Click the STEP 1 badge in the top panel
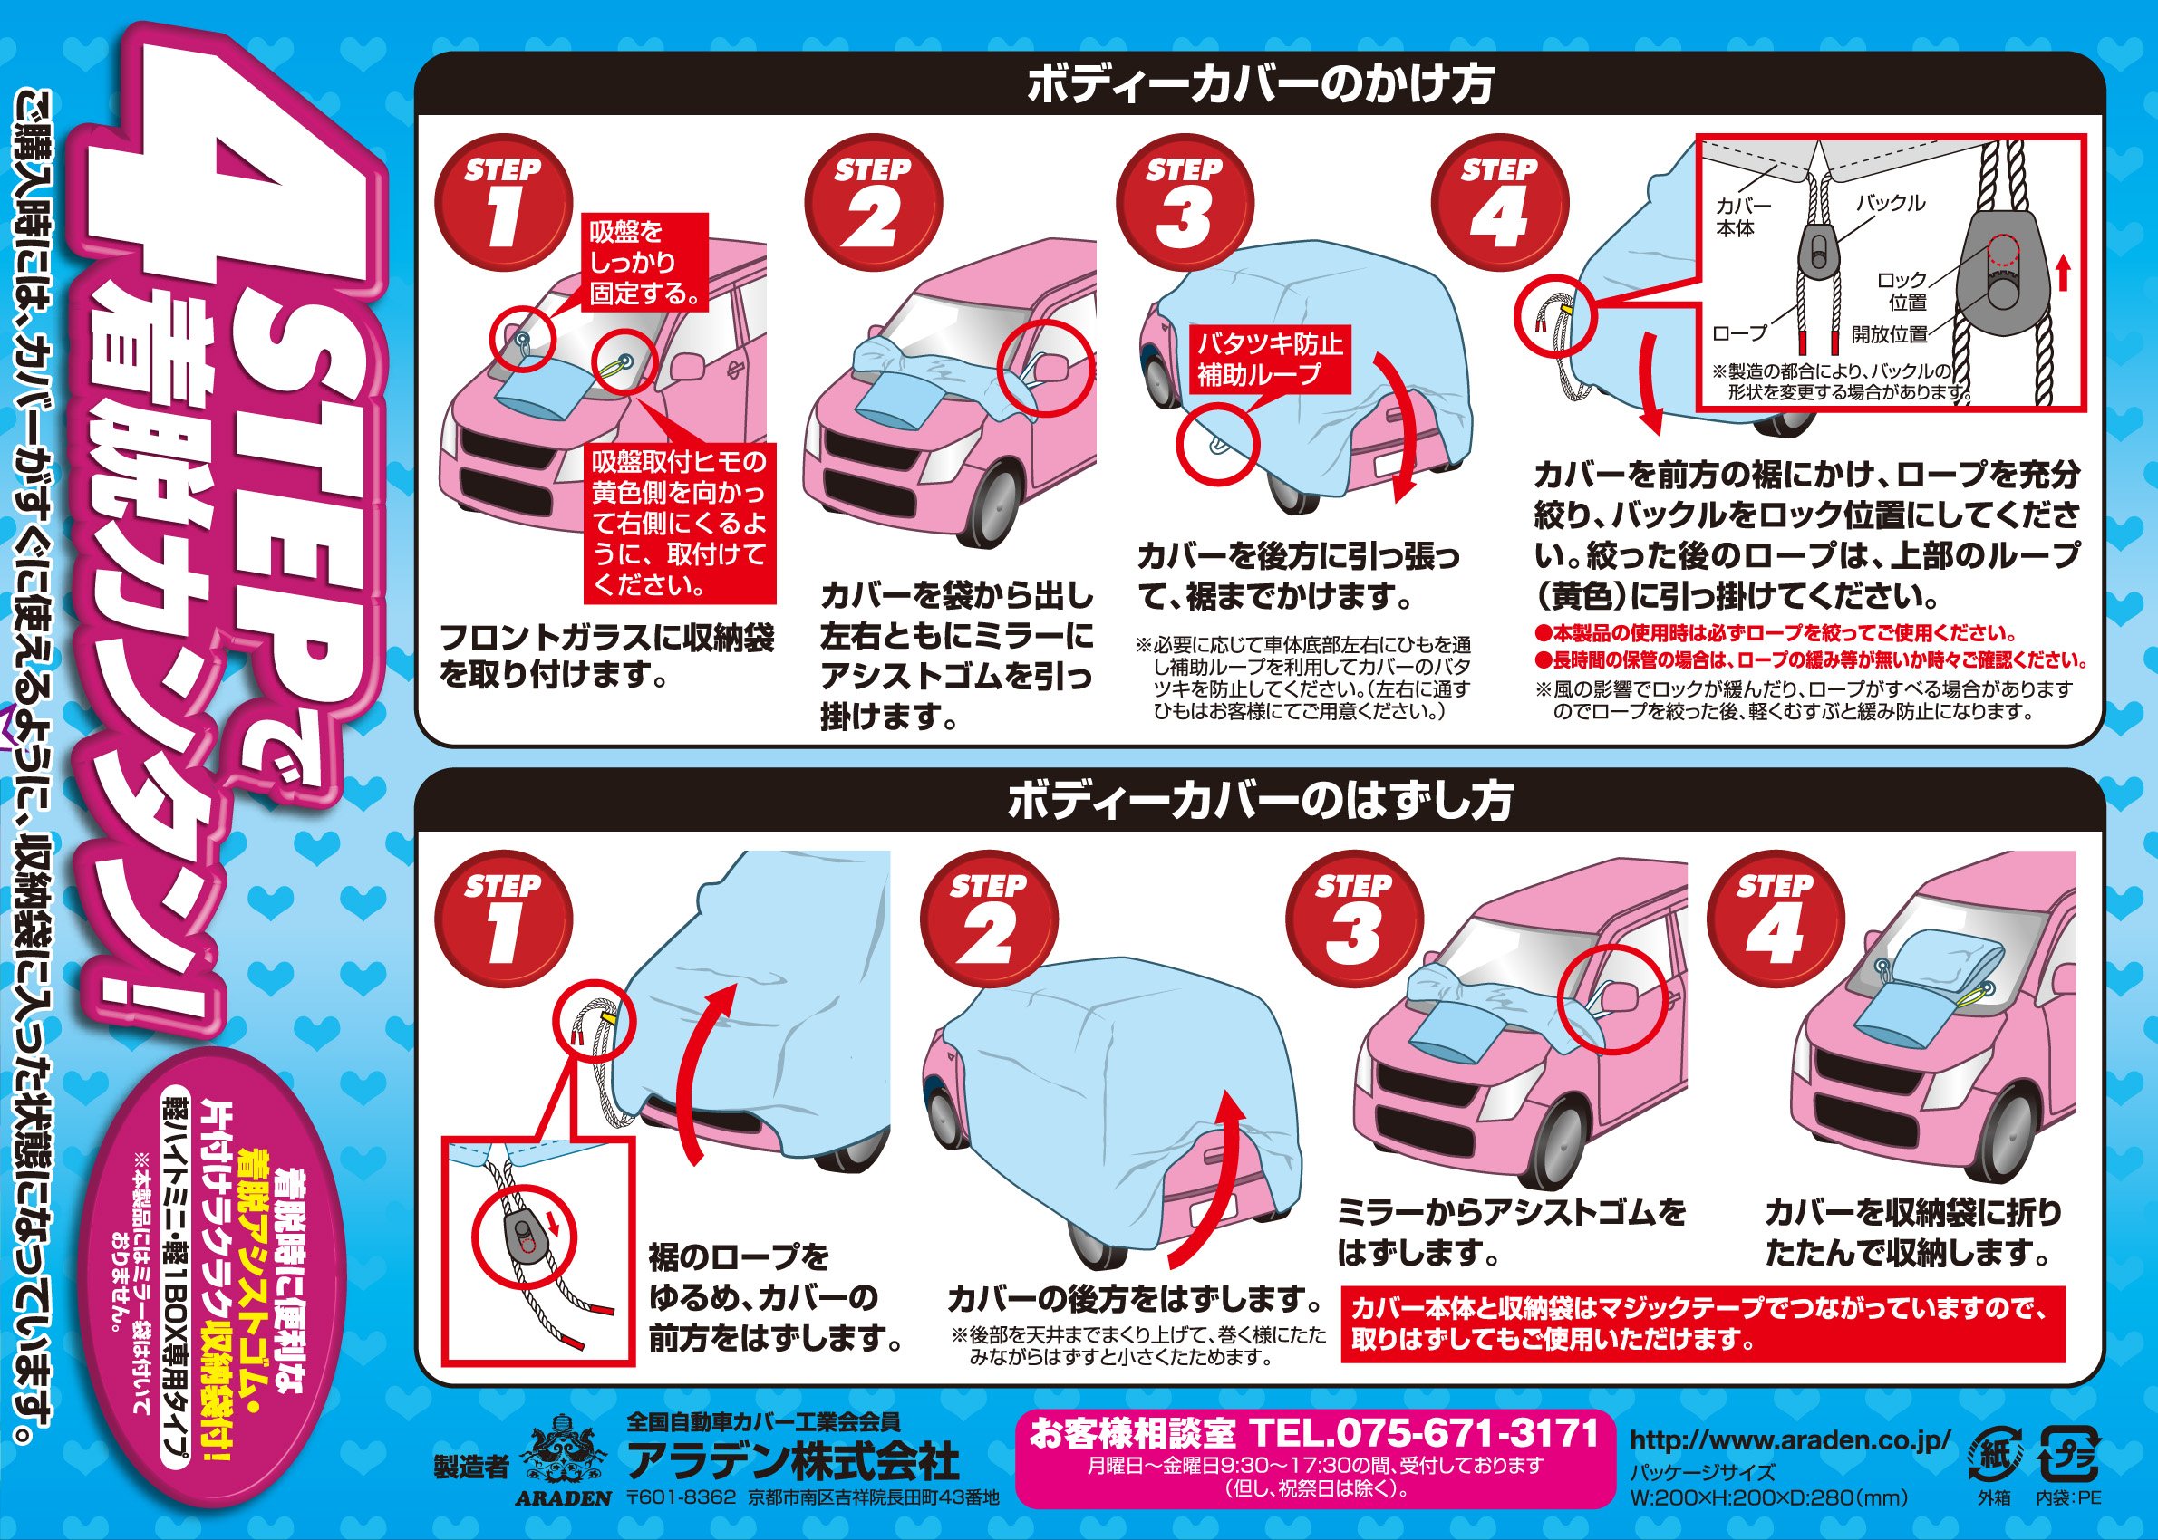tap(504, 206)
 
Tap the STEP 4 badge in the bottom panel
tap(1776, 920)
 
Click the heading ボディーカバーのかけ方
tap(1261, 84)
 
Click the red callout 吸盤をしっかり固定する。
tap(646, 263)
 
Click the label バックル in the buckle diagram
tap(1891, 203)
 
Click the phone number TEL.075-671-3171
tap(1425, 1432)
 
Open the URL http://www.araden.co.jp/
tap(1790, 1439)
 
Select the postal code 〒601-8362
tap(681, 1497)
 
